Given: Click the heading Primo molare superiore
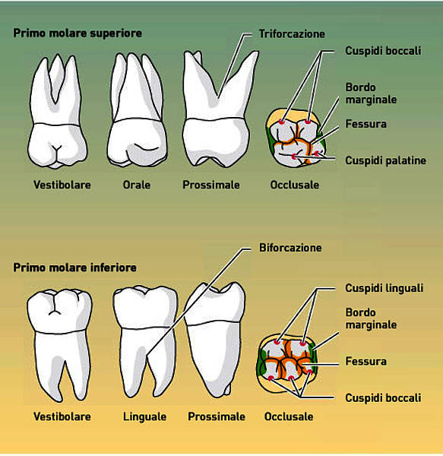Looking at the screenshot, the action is pos(78,33).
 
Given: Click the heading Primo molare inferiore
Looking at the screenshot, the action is pos(74,268).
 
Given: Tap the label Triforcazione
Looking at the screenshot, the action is pos(292,34).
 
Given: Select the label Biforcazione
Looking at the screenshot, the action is pos(290,248).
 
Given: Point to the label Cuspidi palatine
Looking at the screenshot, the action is pos(385,160).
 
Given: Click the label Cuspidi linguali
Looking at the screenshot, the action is pos(384,288).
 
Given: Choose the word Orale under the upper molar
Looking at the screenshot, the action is pos(137,185).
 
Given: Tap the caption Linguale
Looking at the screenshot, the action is pos(145,416).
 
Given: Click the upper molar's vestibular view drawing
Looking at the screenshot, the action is pos(58,112).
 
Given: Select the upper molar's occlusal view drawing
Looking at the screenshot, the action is pos(296,138).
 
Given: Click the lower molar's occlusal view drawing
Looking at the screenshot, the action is pos(287,362).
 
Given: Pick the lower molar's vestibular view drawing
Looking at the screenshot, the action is pos(59,345).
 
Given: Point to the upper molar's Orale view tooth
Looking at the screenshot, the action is pos(138,110).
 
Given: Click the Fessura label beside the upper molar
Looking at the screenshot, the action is pos(365,124).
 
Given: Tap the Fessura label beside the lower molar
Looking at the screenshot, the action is pos(365,362).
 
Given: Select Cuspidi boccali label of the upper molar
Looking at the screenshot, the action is pos(383,51).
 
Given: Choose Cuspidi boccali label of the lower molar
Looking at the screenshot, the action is pos(383,398).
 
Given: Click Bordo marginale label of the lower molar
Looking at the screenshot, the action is pos(371,318).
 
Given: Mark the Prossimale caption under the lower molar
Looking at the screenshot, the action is pos(217,416).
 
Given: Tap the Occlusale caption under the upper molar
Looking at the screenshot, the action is pos(295,185).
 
